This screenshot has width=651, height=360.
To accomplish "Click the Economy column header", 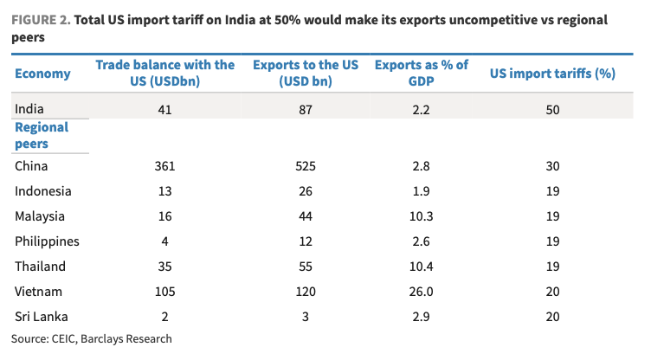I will coord(42,74).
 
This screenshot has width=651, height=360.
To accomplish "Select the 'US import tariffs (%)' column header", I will coord(552,74).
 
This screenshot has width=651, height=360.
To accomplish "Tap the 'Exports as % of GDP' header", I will coord(420,74).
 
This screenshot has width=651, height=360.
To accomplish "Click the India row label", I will coord(29,109).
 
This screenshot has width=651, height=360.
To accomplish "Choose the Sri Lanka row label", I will coord(40,317).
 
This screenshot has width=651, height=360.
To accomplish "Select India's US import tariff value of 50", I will coord(552,109).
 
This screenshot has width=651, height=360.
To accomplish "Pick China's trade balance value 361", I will coord(164,166).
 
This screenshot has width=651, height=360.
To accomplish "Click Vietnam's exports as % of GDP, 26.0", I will coord(420,292).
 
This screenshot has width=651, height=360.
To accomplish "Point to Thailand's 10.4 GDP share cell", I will coord(420,267).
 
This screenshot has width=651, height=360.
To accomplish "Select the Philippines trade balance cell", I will coord(164,241).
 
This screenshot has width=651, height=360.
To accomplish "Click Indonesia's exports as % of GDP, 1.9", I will coord(420,191).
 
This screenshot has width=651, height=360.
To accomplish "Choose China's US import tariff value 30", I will coord(552,166).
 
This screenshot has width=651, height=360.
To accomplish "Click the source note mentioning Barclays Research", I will coord(92,338).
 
